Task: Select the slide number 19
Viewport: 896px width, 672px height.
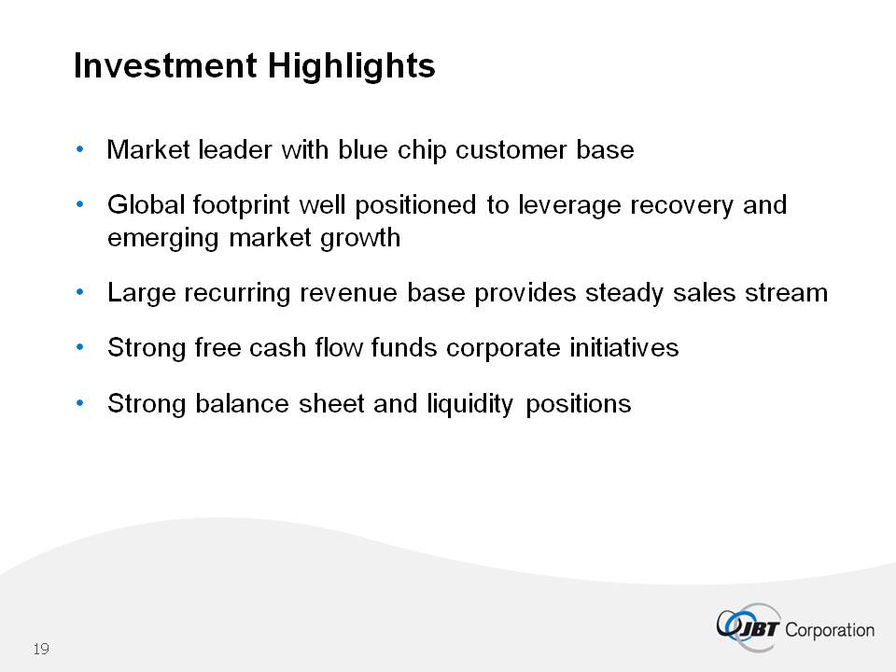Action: (41, 650)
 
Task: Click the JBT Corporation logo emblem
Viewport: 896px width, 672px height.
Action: (748, 627)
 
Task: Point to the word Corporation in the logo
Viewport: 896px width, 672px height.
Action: (830, 630)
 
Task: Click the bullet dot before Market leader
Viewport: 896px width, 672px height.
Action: (80, 149)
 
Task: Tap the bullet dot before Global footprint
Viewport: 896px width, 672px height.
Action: (80, 204)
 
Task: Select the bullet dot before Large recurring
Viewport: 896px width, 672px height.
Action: (80, 292)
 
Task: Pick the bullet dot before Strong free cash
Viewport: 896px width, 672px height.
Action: (80, 347)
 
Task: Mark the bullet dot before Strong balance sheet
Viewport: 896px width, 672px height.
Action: (80, 403)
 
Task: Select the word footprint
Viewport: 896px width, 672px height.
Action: (241, 205)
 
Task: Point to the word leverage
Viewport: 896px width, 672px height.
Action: (569, 205)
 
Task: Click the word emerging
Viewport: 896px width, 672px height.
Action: (163, 239)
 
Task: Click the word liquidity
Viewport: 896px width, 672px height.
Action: (470, 404)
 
